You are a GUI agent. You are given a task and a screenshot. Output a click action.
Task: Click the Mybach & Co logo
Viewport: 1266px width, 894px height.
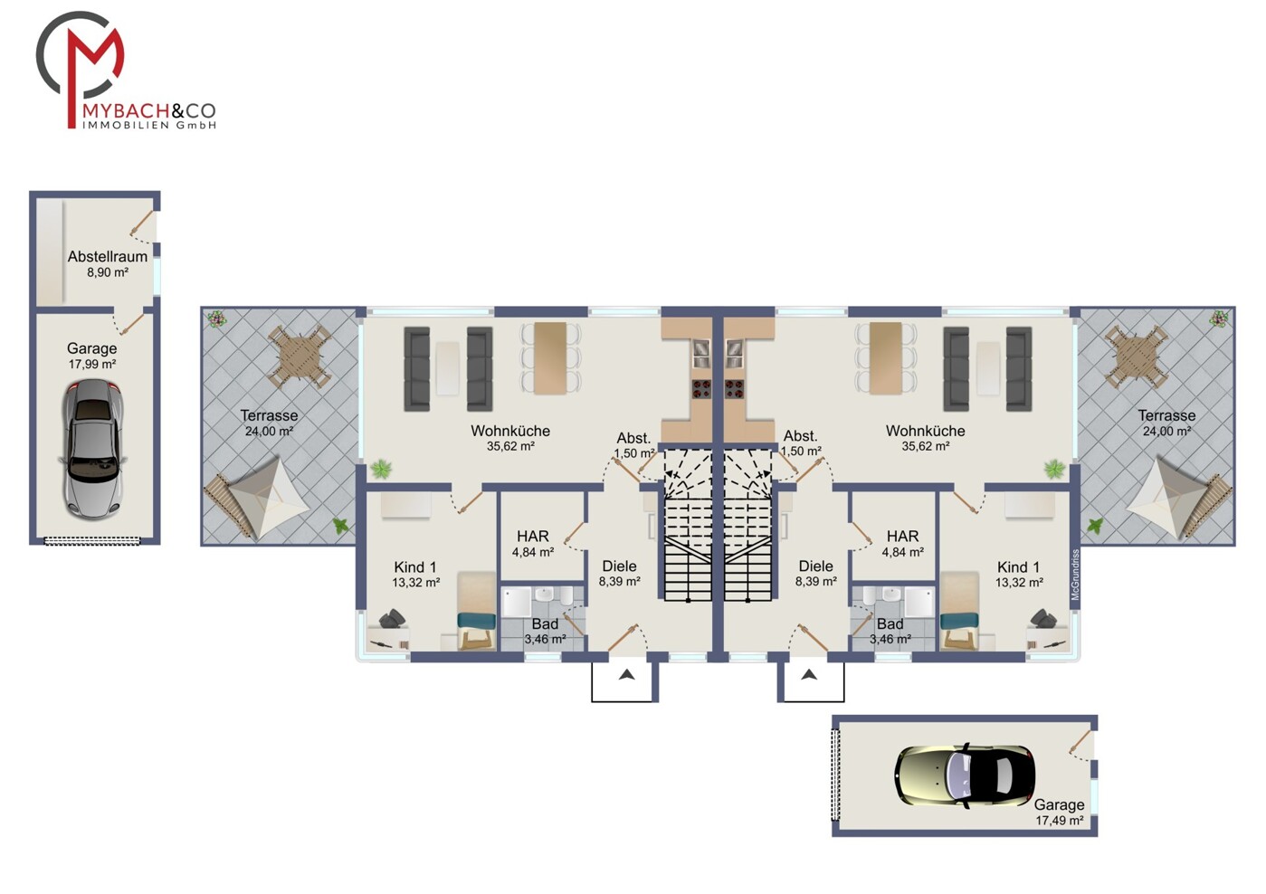tap(126, 71)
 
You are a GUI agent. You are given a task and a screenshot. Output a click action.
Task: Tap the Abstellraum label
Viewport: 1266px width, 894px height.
tap(108, 257)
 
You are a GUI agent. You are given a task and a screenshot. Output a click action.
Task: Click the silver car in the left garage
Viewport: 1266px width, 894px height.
tap(92, 449)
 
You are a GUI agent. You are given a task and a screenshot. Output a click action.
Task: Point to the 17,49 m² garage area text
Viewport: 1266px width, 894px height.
tap(1059, 821)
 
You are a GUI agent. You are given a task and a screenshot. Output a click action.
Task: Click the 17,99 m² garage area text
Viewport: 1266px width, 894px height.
tap(92, 365)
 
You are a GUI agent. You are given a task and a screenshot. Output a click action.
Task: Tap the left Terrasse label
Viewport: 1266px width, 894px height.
tap(269, 415)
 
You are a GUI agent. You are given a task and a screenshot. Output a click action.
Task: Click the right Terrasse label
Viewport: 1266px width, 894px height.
tap(1166, 415)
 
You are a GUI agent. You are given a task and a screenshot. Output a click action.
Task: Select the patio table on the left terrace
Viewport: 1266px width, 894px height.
tap(300, 357)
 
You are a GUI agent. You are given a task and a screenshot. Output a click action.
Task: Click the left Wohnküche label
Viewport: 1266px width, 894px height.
tap(510, 431)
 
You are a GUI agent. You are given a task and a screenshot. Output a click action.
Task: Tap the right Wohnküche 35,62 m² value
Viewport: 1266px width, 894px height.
tap(925, 446)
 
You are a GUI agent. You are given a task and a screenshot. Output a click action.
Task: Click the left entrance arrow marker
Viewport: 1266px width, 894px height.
tap(626, 674)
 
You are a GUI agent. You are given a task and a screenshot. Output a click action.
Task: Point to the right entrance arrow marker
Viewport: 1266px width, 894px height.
tap(809, 674)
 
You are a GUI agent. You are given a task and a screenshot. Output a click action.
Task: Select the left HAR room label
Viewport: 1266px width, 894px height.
tap(532, 536)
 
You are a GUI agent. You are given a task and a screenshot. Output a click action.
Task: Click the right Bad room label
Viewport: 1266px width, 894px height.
tap(890, 623)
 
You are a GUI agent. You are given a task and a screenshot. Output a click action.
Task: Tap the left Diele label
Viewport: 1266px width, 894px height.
tap(620, 566)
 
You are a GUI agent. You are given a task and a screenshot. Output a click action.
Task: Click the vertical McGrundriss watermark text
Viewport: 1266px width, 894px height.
tap(1074, 575)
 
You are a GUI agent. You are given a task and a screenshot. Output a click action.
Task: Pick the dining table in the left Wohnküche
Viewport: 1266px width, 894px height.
tap(550, 357)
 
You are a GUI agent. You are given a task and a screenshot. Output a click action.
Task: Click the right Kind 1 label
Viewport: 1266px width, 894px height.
tap(1018, 566)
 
